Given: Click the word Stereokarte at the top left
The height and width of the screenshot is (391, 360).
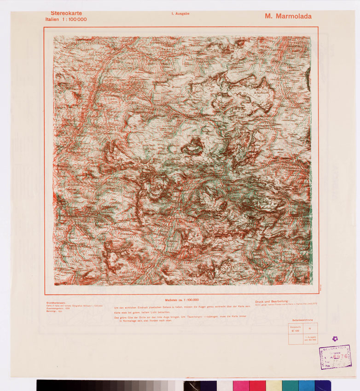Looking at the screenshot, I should [x=66, y=13].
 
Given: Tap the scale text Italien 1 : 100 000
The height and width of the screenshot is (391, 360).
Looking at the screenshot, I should [x=65, y=19].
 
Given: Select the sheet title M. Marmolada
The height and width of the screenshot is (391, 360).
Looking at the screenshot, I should [x=288, y=16].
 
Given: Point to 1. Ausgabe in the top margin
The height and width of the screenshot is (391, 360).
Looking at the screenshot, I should [x=180, y=14].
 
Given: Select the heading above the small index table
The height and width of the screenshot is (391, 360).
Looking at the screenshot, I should [x=302, y=320].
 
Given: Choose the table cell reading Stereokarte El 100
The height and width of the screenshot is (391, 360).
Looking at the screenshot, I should [x=296, y=328].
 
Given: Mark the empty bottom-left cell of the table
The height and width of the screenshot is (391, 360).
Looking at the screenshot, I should [x=296, y=339].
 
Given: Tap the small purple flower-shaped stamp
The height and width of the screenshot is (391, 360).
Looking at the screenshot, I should [x=335, y=339].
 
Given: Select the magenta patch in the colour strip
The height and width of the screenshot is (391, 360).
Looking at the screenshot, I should [x=241, y=385].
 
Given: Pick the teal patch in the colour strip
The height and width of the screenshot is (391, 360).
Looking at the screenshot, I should [x=290, y=385].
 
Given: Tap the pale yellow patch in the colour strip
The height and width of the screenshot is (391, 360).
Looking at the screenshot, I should [x=274, y=385].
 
